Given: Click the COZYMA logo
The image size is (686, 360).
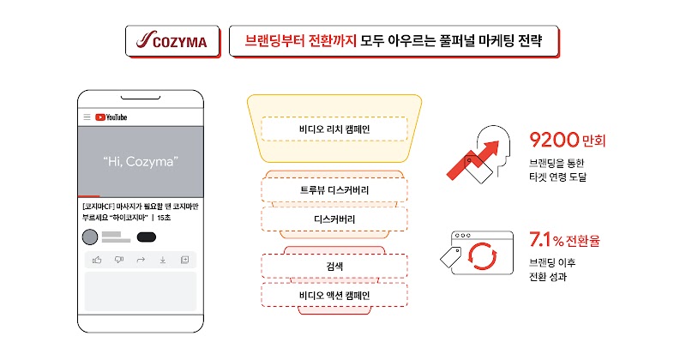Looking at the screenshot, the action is [171, 40].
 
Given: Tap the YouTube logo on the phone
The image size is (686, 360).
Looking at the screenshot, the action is [111, 117].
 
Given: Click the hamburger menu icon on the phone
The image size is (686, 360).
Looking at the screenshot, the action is [87, 117].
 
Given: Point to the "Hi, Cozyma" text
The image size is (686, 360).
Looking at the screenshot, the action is [141, 161].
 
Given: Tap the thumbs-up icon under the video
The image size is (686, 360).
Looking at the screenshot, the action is [97, 260].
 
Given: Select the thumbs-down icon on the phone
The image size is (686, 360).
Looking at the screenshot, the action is [119, 260].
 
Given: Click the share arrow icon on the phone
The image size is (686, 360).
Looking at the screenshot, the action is [141, 260].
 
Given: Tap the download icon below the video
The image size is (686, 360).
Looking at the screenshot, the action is [163, 260].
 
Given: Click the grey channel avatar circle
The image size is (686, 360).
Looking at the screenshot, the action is [90, 237].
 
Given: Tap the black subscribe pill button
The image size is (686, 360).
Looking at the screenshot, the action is [147, 237].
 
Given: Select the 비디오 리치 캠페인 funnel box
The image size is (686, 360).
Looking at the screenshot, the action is [334, 129].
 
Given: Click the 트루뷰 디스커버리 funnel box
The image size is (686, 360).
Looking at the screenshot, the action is [334, 189].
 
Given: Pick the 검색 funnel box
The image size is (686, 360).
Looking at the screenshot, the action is [334, 266].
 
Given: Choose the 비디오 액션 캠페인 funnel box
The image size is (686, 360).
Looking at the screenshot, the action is [334, 295].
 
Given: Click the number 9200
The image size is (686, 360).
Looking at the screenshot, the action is [554, 140].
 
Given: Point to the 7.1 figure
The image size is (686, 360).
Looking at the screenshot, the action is [540, 239].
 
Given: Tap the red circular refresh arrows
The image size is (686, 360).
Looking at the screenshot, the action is [483, 256].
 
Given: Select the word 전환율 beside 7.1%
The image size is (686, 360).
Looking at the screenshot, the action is [583, 241].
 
